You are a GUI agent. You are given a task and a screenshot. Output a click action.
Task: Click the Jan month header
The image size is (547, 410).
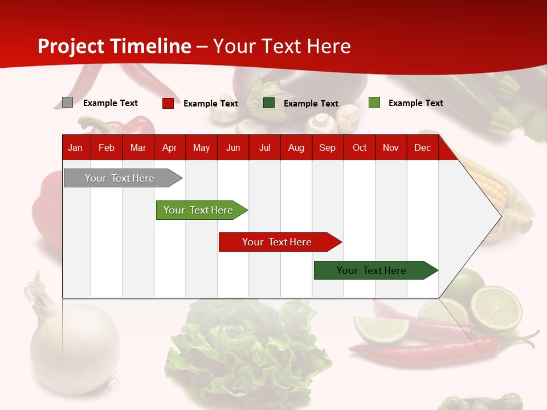tap(75, 148)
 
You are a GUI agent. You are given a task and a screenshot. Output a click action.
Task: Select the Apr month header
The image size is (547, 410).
tap(169, 148)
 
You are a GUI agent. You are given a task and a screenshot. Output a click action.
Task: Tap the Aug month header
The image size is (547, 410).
tap(296, 148)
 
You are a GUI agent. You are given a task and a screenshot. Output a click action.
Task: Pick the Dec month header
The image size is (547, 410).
tap(422, 148)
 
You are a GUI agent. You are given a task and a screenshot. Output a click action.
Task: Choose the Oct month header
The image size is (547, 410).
tap(359, 148)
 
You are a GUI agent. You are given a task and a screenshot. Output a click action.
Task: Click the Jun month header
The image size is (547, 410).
tap(232, 148)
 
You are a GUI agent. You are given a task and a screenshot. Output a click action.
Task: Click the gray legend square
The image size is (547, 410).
tap(67, 102)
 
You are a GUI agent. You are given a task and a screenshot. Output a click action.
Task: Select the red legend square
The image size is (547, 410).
tap(168, 103)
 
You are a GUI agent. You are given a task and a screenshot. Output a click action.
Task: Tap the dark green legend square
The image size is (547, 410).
tap(269, 103)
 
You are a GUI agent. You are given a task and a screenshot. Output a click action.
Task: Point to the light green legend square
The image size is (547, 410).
tap(374, 102)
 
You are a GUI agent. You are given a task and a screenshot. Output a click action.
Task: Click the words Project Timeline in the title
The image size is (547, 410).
tap(114, 46)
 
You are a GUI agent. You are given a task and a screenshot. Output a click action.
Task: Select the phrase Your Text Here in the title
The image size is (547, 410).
tap(281, 46)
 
